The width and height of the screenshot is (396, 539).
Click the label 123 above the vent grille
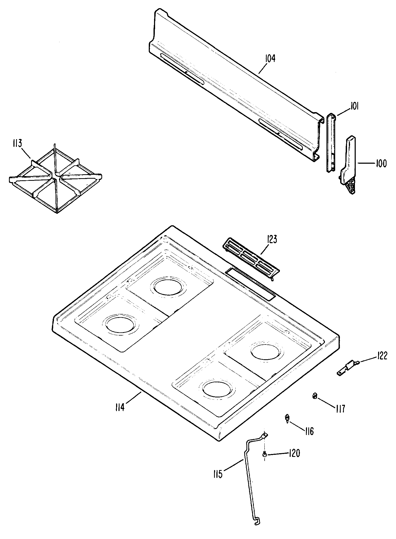(x=271, y=240)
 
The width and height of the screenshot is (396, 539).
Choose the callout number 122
(x=380, y=356)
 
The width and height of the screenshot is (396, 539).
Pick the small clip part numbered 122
(x=347, y=367)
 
